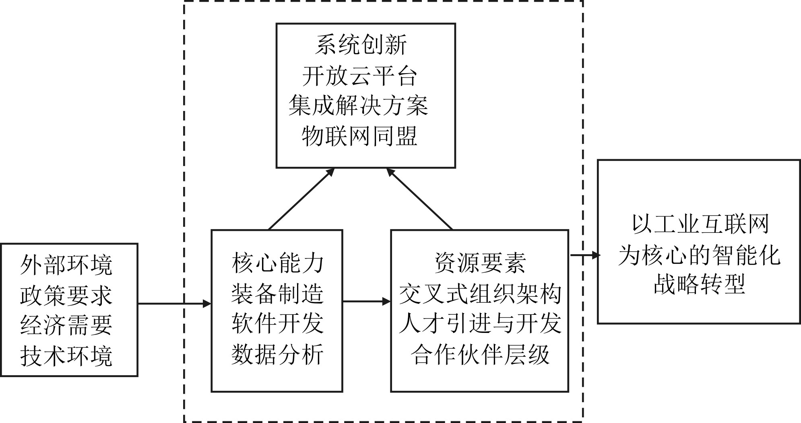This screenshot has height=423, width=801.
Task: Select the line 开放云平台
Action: [x=359, y=76]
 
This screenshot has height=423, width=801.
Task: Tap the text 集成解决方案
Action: [x=358, y=106]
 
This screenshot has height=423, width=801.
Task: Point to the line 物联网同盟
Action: [x=359, y=136]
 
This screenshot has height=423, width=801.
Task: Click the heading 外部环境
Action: [x=66, y=265]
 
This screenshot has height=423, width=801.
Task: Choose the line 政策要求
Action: [x=66, y=296]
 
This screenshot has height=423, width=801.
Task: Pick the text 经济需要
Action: [x=66, y=325]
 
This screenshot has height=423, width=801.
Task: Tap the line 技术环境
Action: [x=66, y=355]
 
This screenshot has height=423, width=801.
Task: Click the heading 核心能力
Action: [x=278, y=263]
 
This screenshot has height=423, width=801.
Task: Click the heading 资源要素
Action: [x=480, y=263]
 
